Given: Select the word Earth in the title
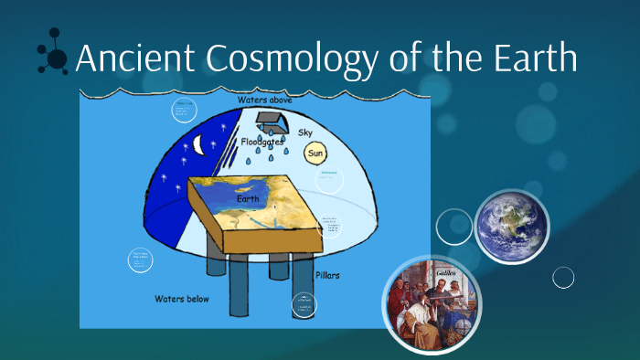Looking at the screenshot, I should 533,59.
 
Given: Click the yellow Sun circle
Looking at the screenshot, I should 315,154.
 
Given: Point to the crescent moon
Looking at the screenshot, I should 199,143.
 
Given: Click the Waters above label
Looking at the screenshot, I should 264,100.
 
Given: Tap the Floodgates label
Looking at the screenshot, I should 263,143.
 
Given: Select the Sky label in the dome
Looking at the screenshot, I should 305,133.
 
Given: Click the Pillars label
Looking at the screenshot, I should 326,275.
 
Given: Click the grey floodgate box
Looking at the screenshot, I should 269,119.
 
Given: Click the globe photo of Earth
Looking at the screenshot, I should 511,226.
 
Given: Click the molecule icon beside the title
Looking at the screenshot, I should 54,57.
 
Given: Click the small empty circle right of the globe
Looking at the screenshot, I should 563,277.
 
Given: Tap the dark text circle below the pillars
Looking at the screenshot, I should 304,306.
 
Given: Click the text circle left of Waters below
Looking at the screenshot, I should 141,259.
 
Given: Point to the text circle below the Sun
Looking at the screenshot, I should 329,179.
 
